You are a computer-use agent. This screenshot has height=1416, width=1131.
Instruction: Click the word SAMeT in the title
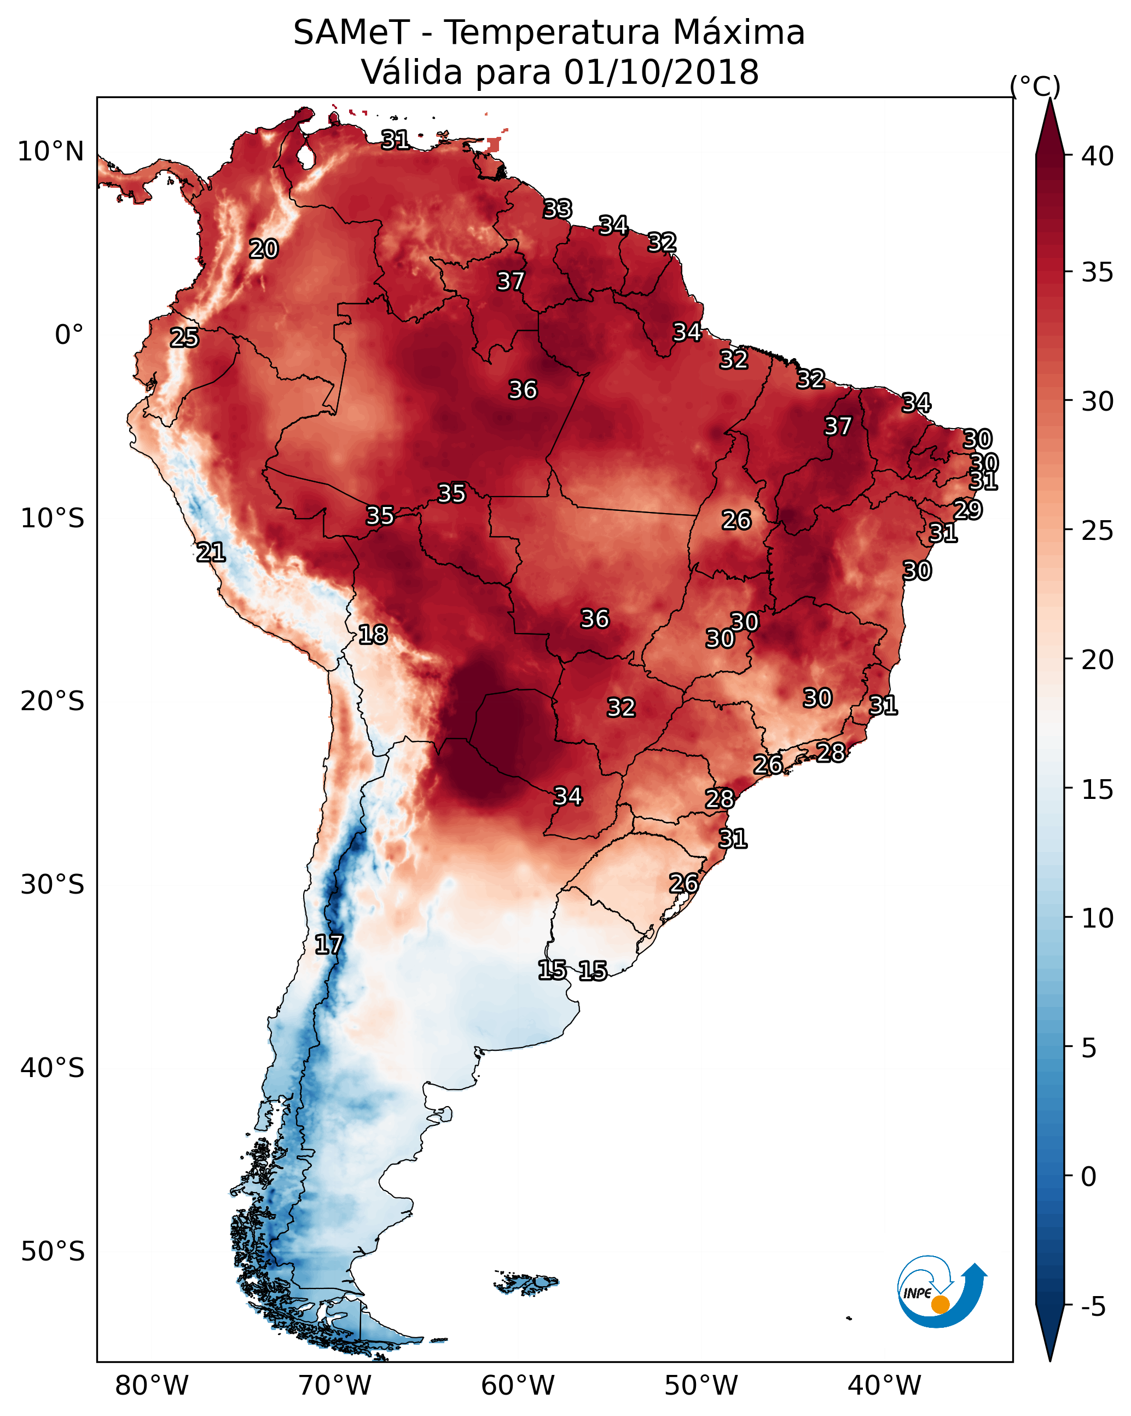click(x=351, y=33)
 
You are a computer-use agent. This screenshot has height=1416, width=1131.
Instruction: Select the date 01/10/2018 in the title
click(x=661, y=72)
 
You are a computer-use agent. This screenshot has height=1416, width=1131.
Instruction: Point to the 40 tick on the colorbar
click(x=1098, y=156)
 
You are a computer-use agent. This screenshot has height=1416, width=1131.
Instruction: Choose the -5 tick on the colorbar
click(x=1093, y=1306)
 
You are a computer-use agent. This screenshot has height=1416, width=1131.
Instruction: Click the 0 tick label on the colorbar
click(x=1089, y=1176)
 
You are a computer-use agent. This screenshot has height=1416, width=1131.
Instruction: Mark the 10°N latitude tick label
click(x=50, y=152)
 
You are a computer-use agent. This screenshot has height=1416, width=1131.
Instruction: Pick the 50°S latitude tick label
click(x=53, y=1251)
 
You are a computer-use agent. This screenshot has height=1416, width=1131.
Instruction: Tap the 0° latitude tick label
click(x=69, y=335)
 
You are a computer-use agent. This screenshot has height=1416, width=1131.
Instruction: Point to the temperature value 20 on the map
click(x=264, y=249)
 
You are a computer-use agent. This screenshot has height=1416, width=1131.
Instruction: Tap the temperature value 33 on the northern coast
click(x=558, y=209)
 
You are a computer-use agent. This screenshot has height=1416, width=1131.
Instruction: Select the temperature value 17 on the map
click(x=329, y=945)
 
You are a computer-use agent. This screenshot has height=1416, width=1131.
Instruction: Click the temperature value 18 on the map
click(x=373, y=635)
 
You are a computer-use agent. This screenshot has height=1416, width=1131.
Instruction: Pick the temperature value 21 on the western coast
click(x=211, y=552)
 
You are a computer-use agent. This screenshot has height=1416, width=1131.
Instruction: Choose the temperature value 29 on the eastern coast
click(x=967, y=510)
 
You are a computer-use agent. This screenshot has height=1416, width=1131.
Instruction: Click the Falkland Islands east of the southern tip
click(x=526, y=1283)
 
